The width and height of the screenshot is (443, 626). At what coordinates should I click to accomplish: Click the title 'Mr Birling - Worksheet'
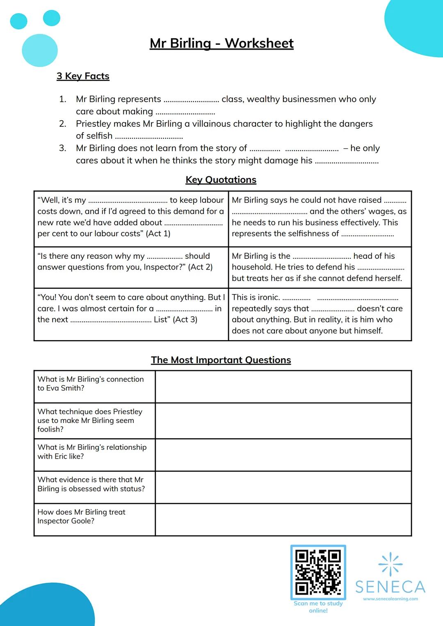221,43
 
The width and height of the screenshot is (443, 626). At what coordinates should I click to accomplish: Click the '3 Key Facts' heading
83,76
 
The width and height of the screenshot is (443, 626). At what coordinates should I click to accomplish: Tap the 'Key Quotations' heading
221,180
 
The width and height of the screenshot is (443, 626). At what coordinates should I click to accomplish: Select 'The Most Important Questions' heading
221,360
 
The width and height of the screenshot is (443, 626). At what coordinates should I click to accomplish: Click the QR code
318,572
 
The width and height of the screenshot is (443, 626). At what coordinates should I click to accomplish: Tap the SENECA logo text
390,587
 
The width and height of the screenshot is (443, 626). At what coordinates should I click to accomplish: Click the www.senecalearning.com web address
390,599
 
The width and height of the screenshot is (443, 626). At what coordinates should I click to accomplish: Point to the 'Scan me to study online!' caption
318,607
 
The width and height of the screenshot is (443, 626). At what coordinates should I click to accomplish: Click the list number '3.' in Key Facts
63,148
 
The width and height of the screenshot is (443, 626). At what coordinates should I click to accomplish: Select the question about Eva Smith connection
91,384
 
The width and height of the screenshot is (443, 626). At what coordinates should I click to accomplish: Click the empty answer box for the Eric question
283,455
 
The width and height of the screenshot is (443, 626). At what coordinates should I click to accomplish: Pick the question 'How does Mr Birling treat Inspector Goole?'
82,516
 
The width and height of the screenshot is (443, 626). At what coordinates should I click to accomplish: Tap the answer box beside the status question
283,487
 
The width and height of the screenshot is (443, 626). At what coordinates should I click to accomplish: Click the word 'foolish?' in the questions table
50,430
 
